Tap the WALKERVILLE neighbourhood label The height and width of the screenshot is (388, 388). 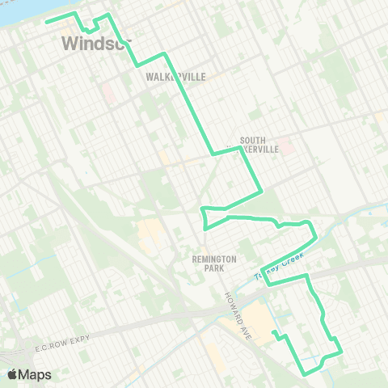pyautogui.click(x=176, y=77)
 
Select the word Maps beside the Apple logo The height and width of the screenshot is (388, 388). pyautogui.click(x=36, y=374)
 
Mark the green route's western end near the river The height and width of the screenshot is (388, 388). pyautogui.click(x=46, y=20)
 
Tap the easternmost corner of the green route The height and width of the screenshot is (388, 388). pyautogui.click(x=340, y=351)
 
